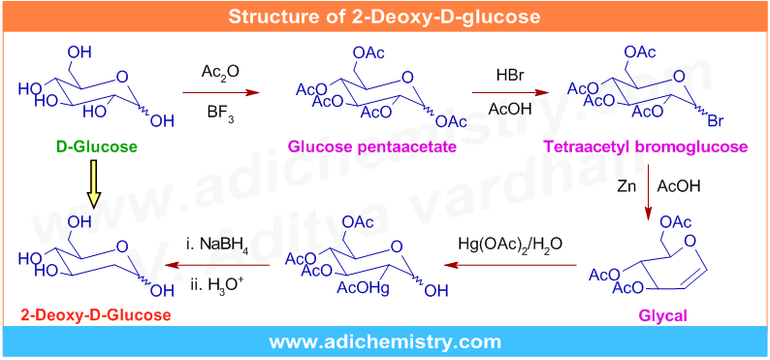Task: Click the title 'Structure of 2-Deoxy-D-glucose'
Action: point(384,16)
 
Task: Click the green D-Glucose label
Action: point(96,147)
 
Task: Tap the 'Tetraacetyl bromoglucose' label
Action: point(646,147)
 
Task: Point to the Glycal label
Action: point(662,316)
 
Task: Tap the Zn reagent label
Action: point(628,184)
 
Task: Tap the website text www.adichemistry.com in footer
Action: point(384,342)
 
